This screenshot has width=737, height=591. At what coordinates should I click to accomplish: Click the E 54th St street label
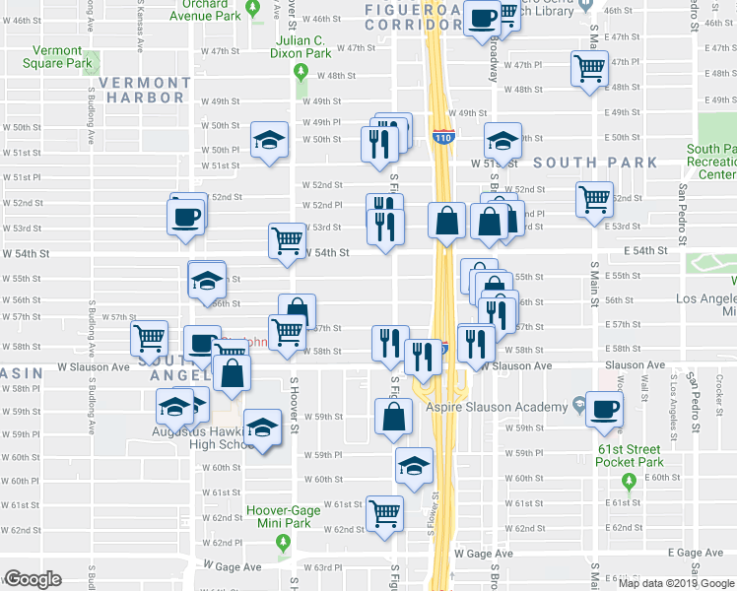point(648,251)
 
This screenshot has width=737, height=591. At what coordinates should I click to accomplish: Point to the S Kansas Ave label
point(141,33)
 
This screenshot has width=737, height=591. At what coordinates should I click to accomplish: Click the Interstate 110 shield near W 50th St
point(442,137)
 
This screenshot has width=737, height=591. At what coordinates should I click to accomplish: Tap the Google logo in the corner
point(33,579)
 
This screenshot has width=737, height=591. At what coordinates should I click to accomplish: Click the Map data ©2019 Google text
point(676,583)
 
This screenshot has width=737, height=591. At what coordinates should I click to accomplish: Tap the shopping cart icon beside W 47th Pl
point(589,69)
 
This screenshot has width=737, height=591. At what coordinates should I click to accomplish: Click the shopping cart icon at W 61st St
point(384,512)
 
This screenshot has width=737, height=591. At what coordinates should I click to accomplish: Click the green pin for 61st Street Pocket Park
point(629,482)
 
